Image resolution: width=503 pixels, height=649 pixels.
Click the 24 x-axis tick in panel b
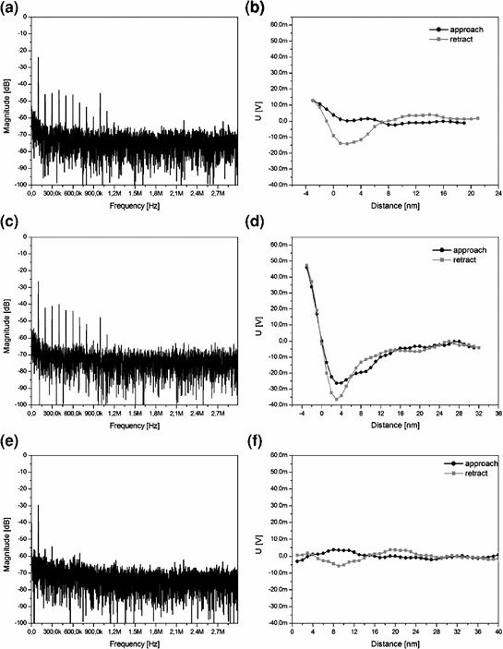497,196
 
